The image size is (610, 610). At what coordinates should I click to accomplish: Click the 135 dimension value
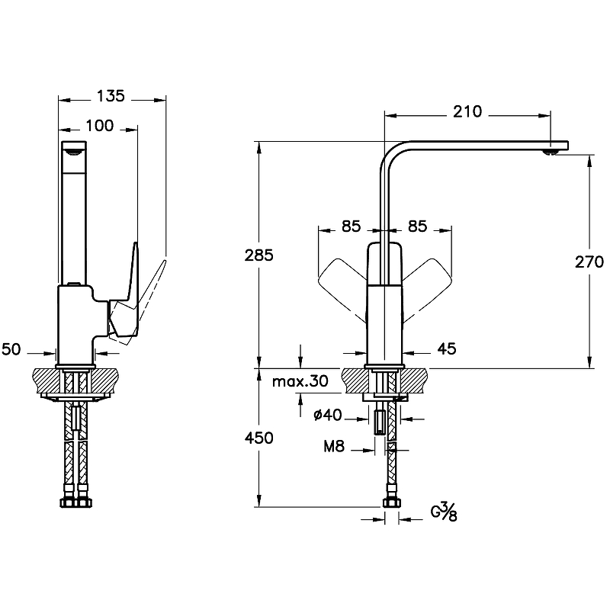(x=111, y=97)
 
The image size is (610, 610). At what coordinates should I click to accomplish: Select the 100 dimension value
(x=99, y=126)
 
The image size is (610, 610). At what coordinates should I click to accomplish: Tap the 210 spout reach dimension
(x=467, y=112)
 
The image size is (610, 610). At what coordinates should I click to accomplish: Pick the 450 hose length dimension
(x=259, y=438)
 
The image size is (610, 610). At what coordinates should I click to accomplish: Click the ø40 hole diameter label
(x=327, y=415)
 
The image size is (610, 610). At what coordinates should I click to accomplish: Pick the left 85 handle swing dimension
(x=351, y=226)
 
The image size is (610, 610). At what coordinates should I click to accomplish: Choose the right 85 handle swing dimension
(x=418, y=226)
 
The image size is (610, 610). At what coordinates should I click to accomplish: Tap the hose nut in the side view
(x=75, y=502)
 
